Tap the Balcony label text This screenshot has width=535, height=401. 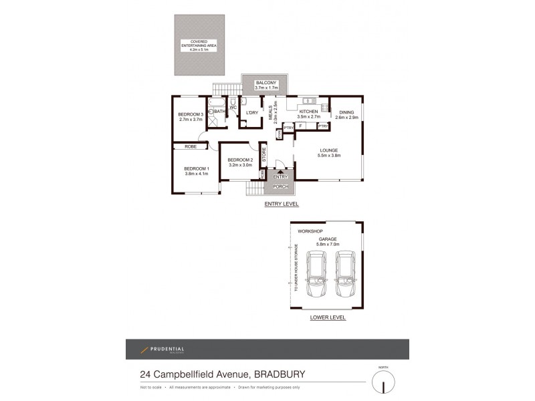click(265, 83)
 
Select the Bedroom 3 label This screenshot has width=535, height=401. click(190, 115)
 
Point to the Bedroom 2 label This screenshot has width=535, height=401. click(239, 160)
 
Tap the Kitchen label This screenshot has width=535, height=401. click(308, 112)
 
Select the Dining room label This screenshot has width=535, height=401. click(346, 112)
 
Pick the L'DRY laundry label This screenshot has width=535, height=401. click(252, 112)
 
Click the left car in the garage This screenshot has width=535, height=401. click(315, 276)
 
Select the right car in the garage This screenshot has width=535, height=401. click(346, 276)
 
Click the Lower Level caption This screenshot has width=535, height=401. click(328, 318)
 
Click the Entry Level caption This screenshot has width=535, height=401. click(280, 203)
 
